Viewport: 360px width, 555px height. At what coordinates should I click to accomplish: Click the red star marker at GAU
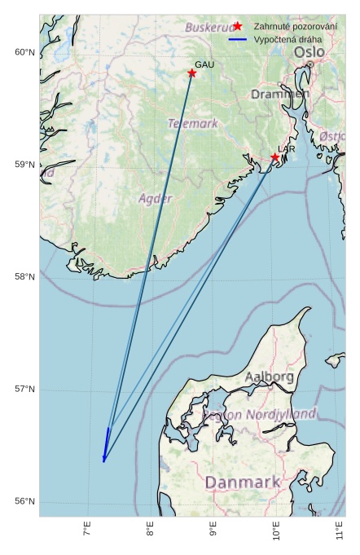(192, 73)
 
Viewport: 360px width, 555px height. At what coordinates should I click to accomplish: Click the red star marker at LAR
(275, 157)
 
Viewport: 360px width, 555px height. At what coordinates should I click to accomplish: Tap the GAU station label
(204, 64)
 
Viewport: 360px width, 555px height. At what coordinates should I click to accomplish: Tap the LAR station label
(287, 149)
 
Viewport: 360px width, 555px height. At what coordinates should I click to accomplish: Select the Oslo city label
(310, 52)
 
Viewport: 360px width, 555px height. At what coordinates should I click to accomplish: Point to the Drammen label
(280, 95)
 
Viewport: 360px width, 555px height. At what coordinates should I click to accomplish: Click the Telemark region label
(193, 124)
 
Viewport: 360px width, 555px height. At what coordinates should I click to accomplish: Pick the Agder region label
(155, 198)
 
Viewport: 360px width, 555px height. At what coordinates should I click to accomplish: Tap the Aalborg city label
(270, 377)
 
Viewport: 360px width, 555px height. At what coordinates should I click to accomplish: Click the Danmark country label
(242, 482)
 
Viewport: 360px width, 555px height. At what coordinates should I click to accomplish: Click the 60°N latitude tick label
(24, 53)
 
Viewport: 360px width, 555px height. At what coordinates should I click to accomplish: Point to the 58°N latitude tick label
(24, 277)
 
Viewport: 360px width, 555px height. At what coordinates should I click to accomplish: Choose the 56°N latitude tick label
(24, 501)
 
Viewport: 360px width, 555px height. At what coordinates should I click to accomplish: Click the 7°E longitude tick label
(88, 534)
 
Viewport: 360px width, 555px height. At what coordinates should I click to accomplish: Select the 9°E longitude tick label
(213, 534)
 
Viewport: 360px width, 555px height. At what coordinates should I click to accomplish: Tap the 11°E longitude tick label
(339, 534)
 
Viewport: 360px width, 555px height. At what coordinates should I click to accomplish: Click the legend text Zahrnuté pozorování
(295, 26)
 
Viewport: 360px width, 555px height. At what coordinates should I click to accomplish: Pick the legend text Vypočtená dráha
(288, 39)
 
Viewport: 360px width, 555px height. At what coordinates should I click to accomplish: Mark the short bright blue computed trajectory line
(106, 445)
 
